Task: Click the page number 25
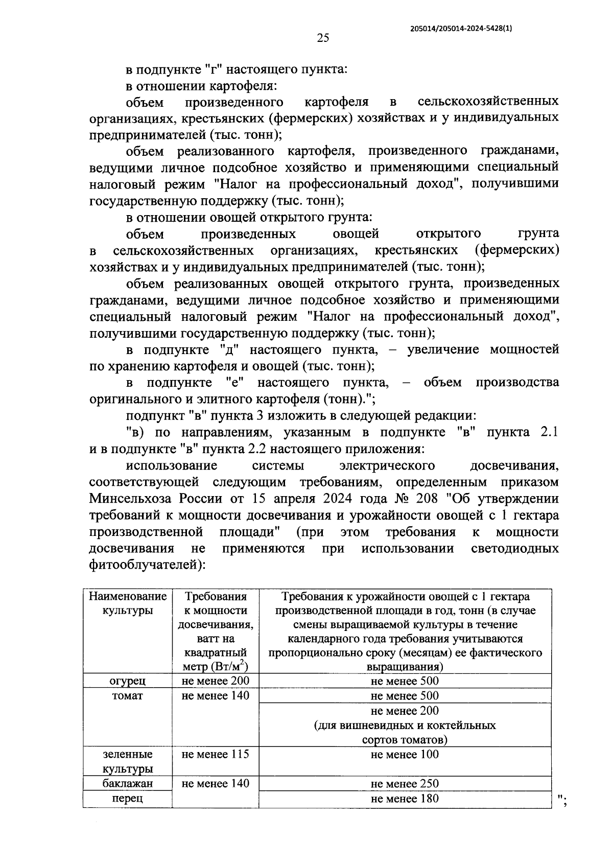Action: click(323, 37)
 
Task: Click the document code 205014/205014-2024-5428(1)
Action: click(461, 29)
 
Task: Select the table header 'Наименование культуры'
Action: click(128, 603)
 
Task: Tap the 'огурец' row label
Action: click(128, 681)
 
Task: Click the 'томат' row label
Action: click(128, 696)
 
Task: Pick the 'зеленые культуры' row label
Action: click(128, 761)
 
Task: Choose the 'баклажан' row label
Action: click(128, 784)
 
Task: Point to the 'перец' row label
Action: click(128, 799)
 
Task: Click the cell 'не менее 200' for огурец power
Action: click(216, 681)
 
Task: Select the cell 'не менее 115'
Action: click(216, 754)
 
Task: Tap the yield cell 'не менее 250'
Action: click(405, 784)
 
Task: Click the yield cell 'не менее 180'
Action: click(405, 799)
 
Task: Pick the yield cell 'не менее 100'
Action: click(405, 754)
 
